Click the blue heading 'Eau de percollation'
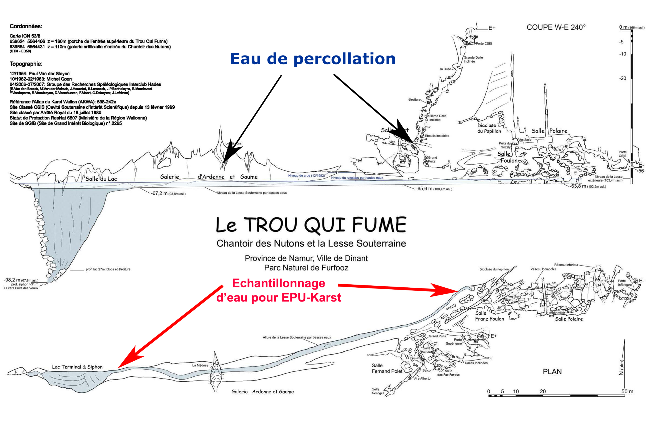click(312, 59)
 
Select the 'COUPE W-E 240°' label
click(556, 27)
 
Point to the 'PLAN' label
click(552, 372)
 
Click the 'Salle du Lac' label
click(101, 179)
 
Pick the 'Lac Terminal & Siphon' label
click(77, 367)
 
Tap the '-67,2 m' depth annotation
click(168, 193)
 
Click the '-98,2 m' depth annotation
click(21, 280)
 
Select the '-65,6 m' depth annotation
click(434, 189)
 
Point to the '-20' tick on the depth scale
click(623, 78)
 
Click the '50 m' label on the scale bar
click(627, 391)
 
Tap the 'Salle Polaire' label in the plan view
click(569, 319)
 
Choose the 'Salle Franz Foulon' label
click(489, 316)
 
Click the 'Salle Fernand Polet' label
click(387, 368)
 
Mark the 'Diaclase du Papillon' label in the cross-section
click(489, 128)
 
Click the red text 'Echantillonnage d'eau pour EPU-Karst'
click(279, 290)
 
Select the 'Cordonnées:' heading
click(26, 26)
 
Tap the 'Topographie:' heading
click(26, 64)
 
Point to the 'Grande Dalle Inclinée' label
click(473, 59)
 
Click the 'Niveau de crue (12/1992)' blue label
click(306, 176)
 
